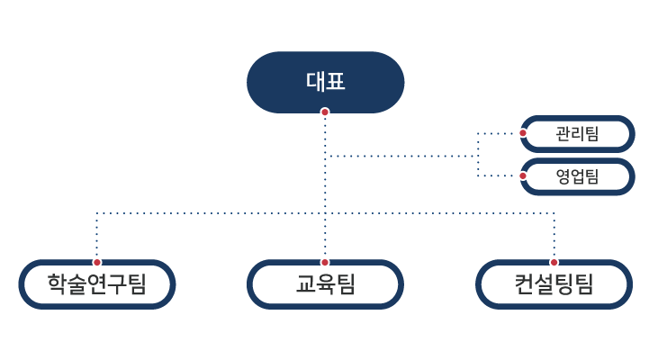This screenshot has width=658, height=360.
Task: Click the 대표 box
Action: (325, 82)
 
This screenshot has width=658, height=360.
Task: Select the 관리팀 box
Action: (577, 134)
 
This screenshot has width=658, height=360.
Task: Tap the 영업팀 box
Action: (577, 176)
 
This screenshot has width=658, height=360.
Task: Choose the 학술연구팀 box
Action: (97, 285)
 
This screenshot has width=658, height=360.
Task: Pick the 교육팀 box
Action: (325, 285)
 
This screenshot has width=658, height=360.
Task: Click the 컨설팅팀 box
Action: (554, 285)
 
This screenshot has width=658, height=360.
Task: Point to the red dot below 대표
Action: (325, 112)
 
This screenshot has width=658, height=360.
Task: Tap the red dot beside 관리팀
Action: (522, 134)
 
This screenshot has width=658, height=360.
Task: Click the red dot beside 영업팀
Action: (522, 176)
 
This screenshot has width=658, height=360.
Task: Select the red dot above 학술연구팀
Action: (97, 262)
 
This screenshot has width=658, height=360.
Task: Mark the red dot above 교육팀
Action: (325, 262)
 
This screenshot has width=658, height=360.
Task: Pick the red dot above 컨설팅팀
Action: (554, 262)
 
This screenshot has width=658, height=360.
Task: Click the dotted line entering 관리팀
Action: (498, 134)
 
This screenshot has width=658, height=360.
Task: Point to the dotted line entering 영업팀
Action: (498, 176)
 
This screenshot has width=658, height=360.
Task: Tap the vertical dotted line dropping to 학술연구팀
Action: (97, 236)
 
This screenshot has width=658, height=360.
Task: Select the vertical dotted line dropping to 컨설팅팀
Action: (554, 236)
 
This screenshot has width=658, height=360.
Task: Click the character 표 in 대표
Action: (336, 82)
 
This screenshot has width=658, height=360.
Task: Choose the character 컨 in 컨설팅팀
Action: (525, 285)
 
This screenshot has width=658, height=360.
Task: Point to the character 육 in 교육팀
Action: (326, 285)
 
